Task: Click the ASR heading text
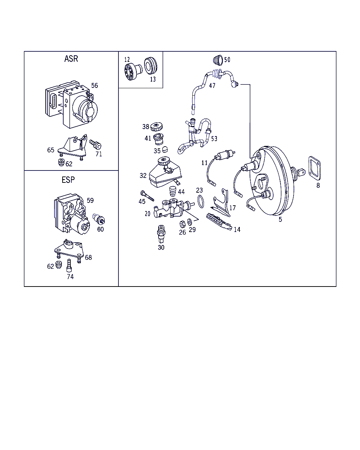[x=71, y=59]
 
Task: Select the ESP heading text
[x=68, y=180]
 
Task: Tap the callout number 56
[x=95, y=85]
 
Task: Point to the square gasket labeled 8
[x=315, y=168]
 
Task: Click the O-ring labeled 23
[x=201, y=201]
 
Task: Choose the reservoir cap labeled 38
[x=156, y=127]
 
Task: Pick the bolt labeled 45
[x=147, y=196]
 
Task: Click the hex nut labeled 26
[x=182, y=224]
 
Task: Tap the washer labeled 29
[x=189, y=222]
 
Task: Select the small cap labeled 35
[x=165, y=149]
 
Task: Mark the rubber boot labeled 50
[x=218, y=60]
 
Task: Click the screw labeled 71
[x=95, y=144]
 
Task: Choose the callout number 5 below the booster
[x=280, y=219]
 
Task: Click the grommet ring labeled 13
[x=150, y=65]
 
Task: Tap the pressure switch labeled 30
[x=161, y=234]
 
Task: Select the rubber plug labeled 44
[x=173, y=191]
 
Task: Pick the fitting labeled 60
[x=99, y=219]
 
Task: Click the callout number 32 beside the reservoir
[x=143, y=175]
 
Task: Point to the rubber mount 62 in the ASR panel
[x=61, y=162]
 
